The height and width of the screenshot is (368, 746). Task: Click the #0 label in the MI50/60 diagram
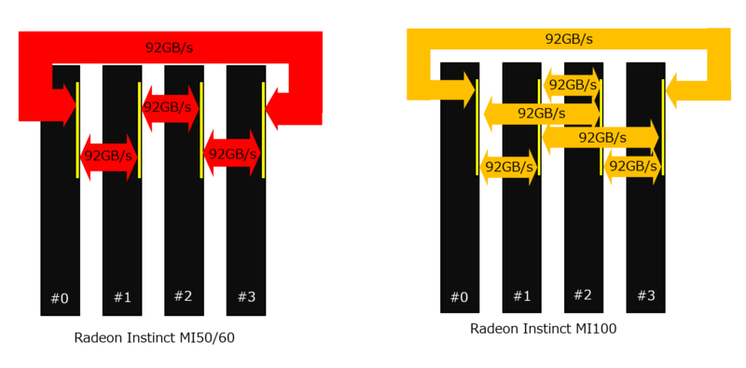pyautogui.click(x=60, y=298)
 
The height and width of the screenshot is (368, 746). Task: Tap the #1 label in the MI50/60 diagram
pyautogui.click(x=122, y=297)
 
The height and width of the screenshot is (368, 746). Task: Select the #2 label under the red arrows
pyautogui.click(x=184, y=296)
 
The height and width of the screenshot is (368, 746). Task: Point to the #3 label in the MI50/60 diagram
pyautogui.click(x=246, y=297)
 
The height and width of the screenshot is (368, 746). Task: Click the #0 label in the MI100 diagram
pyautogui.click(x=460, y=297)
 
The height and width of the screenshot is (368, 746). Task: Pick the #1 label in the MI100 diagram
pyautogui.click(x=521, y=296)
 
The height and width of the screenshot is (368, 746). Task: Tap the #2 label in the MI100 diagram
pyautogui.click(x=583, y=294)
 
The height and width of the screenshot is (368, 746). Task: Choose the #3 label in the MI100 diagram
pyautogui.click(x=645, y=295)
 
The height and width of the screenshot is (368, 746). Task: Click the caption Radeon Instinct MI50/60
pyautogui.click(x=155, y=338)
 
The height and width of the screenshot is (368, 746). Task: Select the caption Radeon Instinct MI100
pyautogui.click(x=544, y=329)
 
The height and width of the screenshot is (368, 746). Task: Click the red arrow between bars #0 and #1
pyautogui.click(x=108, y=156)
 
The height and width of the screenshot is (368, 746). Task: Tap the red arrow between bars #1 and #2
pyautogui.click(x=170, y=107)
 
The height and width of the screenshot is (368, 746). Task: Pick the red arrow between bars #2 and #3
pyautogui.click(x=231, y=154)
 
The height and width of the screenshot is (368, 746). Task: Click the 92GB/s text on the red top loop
pyautogui.click(x=170, y=48)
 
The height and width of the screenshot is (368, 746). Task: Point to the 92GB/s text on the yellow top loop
pyautogui.click(x=569, y=39)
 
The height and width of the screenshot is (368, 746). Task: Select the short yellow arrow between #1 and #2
pyautogui.click(x=570, y=86)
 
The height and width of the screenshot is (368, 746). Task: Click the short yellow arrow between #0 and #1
pyautogui.click(x=508, y=167)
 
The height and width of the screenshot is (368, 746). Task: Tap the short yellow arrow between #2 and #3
pyautogui.click(x=631, y=166)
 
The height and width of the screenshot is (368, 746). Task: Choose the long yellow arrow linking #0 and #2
pyautogui.click(x=541, y=113)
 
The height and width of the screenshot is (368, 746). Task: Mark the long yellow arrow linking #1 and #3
pyautogui.click(x=601, y=138)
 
